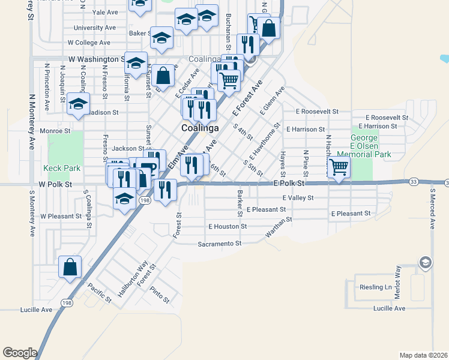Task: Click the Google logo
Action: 20,353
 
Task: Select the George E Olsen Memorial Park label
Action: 370,146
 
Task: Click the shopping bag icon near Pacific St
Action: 70,267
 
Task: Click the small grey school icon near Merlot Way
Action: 425,263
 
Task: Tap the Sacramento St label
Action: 219,244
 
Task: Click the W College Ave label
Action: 89,43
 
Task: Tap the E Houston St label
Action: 228,227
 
